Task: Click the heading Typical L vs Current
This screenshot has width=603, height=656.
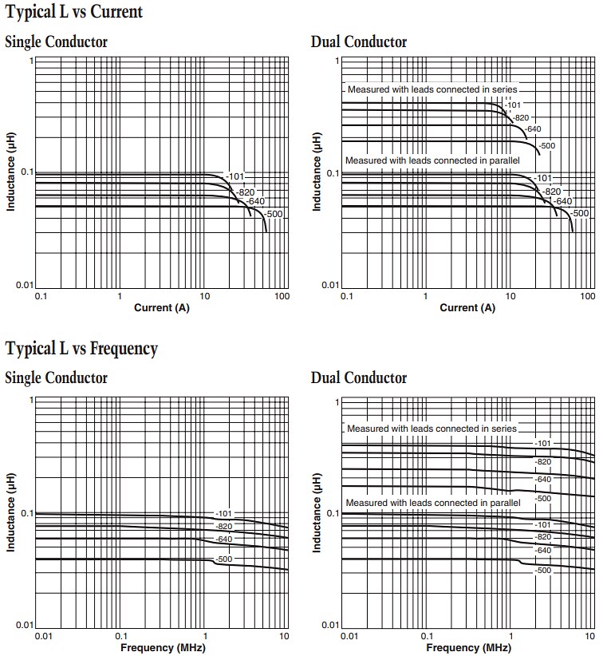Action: (74, 12)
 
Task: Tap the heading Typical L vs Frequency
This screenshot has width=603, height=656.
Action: (81, 348)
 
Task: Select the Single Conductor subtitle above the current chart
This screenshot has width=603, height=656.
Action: (56, 42)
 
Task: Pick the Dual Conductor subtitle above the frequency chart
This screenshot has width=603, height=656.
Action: (359, 378)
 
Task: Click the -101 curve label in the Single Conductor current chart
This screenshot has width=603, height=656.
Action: (235, 176)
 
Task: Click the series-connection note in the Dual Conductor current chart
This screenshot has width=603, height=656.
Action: (432, 89)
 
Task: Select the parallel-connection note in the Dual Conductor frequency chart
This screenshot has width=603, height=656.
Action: (432, 503)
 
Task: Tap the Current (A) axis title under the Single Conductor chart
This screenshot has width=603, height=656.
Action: (163, 308)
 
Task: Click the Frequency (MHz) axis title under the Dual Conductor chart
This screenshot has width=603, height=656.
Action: (469, 646)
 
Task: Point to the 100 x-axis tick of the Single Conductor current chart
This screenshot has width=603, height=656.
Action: (281, 297)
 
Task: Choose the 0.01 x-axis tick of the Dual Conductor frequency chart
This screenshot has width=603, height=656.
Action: (349, 636)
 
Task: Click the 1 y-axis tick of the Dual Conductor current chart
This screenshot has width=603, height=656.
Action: (337, 61)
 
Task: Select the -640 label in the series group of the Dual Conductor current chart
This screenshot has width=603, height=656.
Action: (534, 129)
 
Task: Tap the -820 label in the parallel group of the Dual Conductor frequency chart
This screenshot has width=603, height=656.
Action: (543, 536)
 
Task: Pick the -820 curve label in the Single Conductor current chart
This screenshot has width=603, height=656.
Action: (246, 192)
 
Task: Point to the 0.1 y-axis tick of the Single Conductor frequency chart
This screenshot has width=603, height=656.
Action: (26, 513)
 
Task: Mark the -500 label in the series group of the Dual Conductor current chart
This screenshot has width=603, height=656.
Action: (546, 145)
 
